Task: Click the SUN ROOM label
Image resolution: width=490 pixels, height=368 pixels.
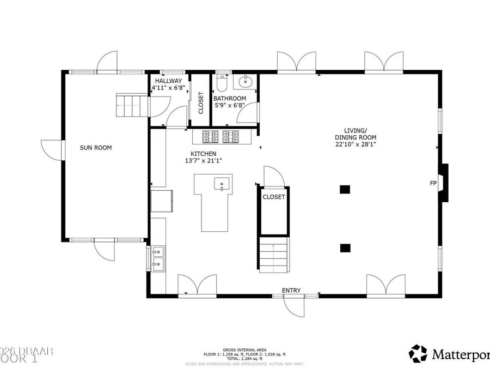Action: tap(96, 147)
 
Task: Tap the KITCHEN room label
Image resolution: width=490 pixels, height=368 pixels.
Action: tap(203, 154)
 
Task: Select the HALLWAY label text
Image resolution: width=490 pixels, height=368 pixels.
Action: tap(168, 81)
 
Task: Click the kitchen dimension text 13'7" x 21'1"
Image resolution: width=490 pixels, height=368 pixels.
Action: tap(203, 161)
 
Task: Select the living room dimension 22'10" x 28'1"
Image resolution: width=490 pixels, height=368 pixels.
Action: tap(356, 144)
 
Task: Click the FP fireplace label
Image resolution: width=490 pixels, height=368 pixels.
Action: tap(433, 183)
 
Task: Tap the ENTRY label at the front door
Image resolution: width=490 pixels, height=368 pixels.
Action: tap(291, 291)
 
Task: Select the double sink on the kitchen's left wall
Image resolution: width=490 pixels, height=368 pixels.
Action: tap(158, 258)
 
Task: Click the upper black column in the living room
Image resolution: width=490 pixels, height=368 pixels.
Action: tap(345, 190)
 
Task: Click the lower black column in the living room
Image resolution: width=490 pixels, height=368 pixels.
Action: tap(345, 248)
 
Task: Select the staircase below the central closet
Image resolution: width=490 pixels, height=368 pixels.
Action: tap(273, 255)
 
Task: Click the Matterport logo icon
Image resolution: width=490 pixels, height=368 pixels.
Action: tap(418, 353)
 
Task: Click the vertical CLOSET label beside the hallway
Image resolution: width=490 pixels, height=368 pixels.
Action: tap(200, 102)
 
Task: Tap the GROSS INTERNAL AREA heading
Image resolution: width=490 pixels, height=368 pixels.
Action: tap(244, 349)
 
